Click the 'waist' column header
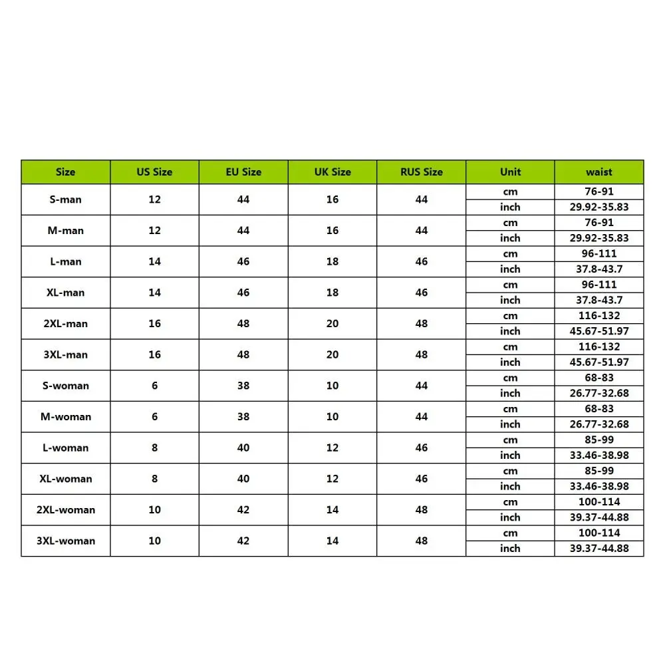(598, 172)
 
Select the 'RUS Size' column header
(421, 172)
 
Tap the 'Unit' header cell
(510, 172)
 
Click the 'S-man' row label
(65, 199)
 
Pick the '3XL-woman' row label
(65, 541)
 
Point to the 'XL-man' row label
(65, 293)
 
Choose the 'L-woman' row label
(65, 448)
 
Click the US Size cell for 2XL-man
(154, 324)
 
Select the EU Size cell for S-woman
(243, 386)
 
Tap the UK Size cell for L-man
(332, 261)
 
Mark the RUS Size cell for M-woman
(421, 417)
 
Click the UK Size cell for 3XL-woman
(332, 541)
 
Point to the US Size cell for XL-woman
(154, 479)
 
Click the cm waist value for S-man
(598, 192)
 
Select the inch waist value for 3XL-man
(598, 362)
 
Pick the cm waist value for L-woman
(598, 440)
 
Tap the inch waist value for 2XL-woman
(598, 517)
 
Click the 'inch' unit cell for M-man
(510, 238)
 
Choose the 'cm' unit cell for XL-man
(510, 285)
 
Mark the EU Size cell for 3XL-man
(243, 354)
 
